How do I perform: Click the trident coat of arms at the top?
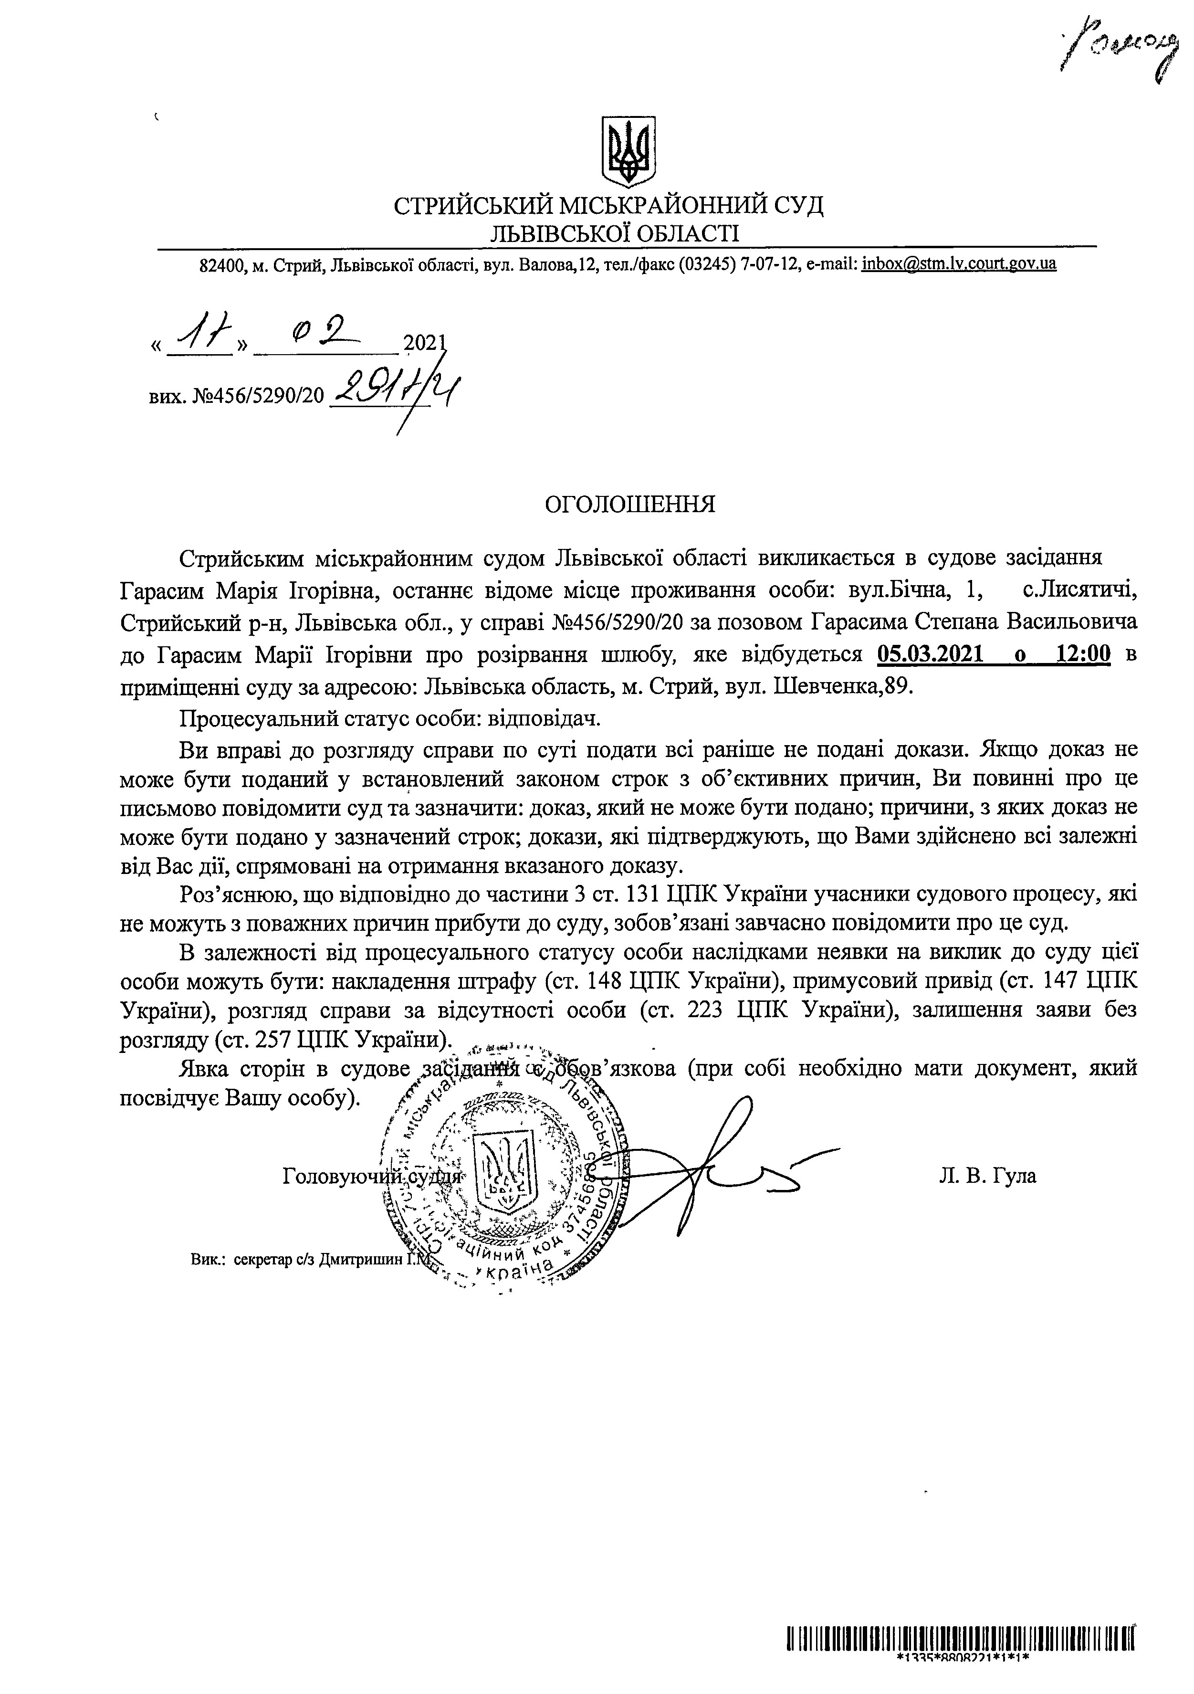[628, 150]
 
